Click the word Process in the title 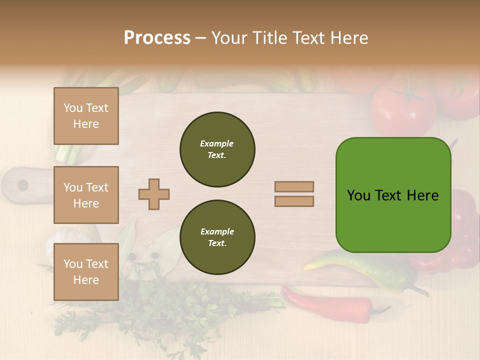pos(157,38)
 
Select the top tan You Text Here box pos(86,116)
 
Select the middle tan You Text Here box pos(86,195)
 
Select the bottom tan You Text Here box pos(86,272)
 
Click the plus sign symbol pos(154,194)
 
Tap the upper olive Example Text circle pos(217,149)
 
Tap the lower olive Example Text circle pos(217,237)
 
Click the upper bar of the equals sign pos(294,186)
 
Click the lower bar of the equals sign pos(294,201)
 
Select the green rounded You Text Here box pos(393,195)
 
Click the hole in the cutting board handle pos(23,185)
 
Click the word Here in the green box pos(422,195)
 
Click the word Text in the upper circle pos(216,155)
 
